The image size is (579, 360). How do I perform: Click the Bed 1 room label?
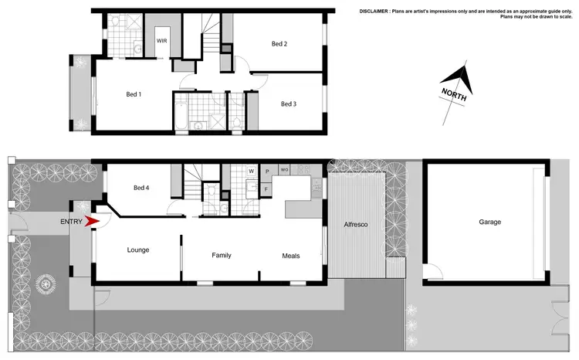[x=134, y=94]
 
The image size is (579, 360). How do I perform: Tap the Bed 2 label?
[x=279, y=44]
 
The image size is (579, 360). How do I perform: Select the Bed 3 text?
[x=288, y=104]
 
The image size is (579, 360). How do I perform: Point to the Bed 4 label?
[x=141, y=188]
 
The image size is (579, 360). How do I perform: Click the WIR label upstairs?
[x=163, y=40]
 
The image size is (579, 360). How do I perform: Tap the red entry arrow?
[x=92, y=222]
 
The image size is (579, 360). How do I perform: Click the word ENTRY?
[x=71, y=222]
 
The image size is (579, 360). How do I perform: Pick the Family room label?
[x=222, y=255]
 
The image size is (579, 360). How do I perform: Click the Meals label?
[x=290, y=256]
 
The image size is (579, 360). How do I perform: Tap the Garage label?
[x=489, y=222]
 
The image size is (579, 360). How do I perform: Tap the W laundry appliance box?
[x=251, y=171]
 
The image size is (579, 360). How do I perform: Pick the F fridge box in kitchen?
[x=266, y=188]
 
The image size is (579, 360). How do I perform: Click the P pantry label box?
[x=266, y=171]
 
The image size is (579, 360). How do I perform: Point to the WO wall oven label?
[x=284, y=170]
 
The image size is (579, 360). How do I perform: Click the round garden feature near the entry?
[x=46, y=283]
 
